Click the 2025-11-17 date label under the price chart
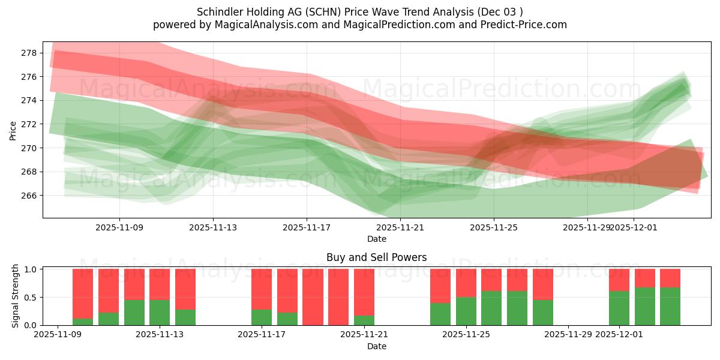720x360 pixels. pos(307,227)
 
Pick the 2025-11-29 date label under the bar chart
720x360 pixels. pos(568,335)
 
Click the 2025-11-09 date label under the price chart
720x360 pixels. pos(119,227)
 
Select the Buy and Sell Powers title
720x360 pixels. pos(376,257)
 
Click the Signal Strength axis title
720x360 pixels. pos(16,296)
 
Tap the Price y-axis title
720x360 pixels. pos(13,130)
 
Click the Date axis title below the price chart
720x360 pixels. pos(376,239)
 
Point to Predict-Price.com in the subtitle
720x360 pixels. pos(525,25)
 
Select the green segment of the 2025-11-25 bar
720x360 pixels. pos(466,311)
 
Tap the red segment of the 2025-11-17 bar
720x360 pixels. pos(262,289)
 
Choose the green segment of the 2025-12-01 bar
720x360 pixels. pos(619,308)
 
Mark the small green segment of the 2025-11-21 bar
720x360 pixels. pos(364,320)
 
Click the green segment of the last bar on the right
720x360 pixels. pos(670,306)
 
